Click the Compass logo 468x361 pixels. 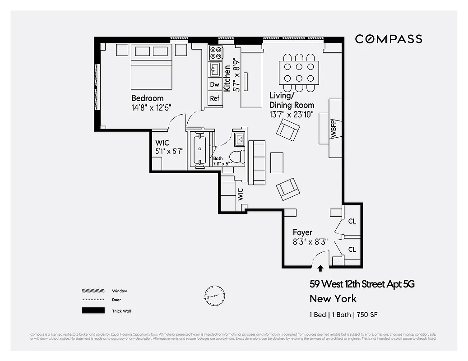coord(389,39)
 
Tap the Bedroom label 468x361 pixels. coord(148,98)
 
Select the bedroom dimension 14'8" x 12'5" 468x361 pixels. coord(151,107)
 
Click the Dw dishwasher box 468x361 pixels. coord(215,84)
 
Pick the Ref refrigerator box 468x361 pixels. coord(215,98)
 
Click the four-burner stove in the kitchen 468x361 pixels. coord(215,53)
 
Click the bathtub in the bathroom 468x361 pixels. coord(199,148)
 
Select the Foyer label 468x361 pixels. coord(302,232)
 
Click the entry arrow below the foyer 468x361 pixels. coord(320,268)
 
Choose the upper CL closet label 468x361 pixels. coord(352,222)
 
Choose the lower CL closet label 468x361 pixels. coord(352,250)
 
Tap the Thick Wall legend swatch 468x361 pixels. coord(93,310)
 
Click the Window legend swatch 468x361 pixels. coord(93,291)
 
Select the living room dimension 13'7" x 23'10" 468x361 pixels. coord(292,115)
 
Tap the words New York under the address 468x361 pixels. coord(333,299)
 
